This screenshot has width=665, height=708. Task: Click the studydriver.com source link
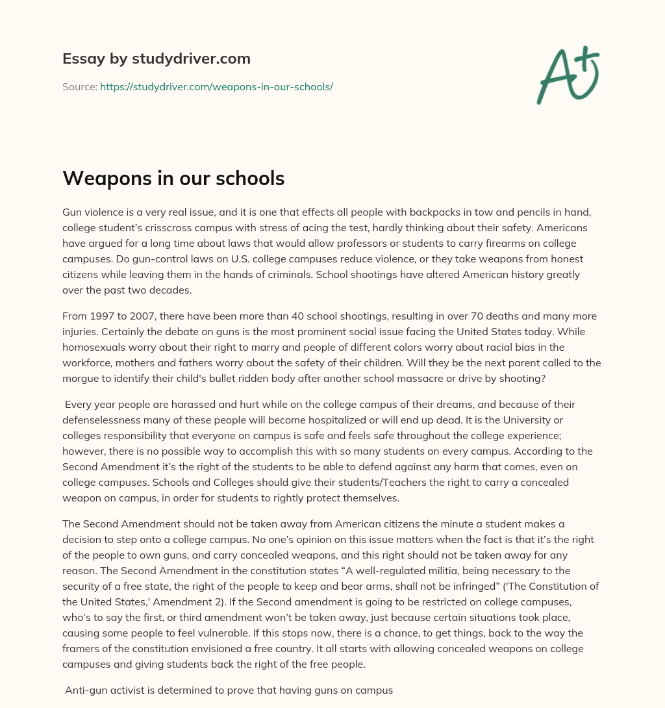[216, 86]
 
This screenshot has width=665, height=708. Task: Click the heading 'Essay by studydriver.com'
[157, 58]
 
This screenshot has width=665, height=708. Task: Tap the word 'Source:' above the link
[80, 86]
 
